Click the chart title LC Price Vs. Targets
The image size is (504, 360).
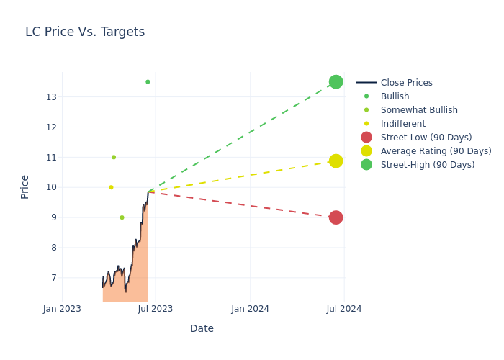pos(85,32)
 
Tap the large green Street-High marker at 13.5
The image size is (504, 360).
pos(336,82)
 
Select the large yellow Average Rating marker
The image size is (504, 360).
pos(336,161)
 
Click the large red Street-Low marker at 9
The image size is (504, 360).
pos(336,217)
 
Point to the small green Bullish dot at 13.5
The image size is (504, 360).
pos(148,82)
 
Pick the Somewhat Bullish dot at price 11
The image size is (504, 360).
pos(114,157)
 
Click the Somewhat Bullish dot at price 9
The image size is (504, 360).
pos(122,217)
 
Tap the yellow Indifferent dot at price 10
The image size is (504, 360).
pos(111,187)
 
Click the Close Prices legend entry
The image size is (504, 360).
pos(406,83)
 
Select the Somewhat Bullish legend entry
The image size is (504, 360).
pos(418,110)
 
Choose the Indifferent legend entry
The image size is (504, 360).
pos(402,124)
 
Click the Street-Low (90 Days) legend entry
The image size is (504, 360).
pos(426,138)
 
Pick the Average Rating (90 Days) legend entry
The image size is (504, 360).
pos(436,151)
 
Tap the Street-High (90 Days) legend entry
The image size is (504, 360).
pos(427,165)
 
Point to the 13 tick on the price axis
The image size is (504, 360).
pos(51,97)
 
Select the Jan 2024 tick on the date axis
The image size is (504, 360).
pos(250,309)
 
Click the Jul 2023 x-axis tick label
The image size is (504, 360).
pos(156,309)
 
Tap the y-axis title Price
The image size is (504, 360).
pos(25,186)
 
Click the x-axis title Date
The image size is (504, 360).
pos(202,329)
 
